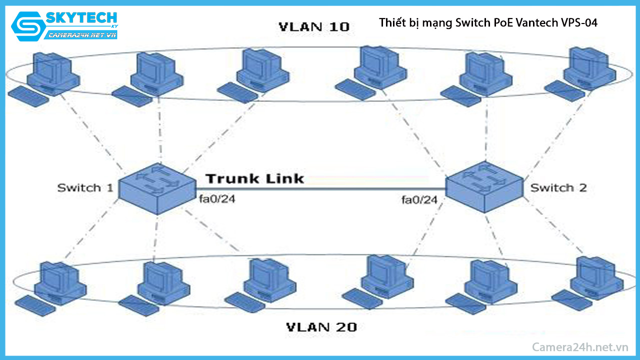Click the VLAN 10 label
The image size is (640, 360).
(x=313, y=27)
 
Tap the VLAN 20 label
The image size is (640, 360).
(x=321, y=327)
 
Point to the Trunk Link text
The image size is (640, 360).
(x=254, y=178)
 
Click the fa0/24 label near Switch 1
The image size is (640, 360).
(x=217, y=200)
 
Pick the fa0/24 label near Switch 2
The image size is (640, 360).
(x=419, y=200)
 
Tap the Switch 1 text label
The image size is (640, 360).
(x=85, y=188)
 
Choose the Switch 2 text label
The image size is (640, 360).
(x=558, y=188)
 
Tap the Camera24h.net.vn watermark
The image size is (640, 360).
(x=579, y=347)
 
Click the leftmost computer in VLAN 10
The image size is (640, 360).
(x=50, y=72)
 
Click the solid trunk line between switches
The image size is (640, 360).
(x=320, y=188)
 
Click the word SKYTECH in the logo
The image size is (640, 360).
(x=81, y=18)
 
